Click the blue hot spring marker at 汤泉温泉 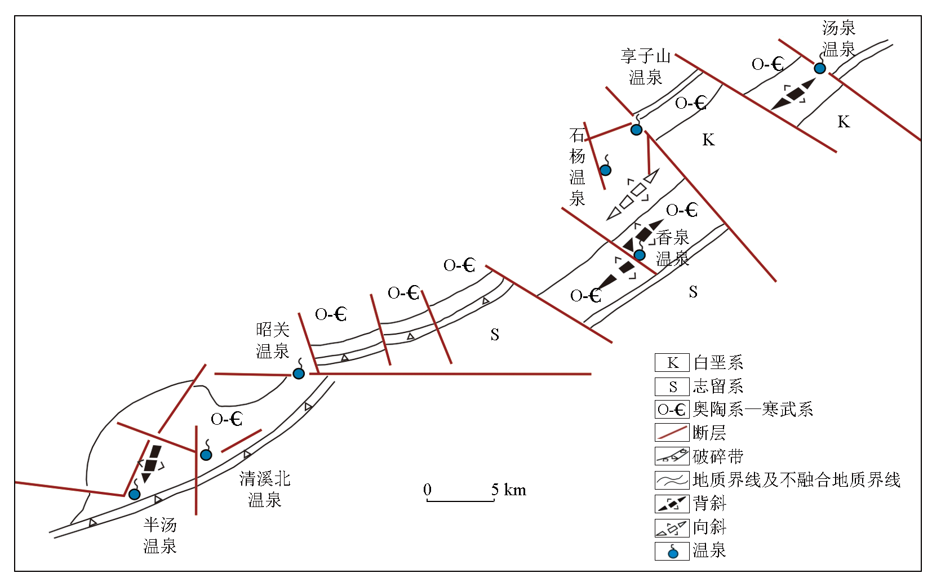click(820, 68)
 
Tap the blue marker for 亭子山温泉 click(636, 130)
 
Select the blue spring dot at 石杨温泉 click(605, 170)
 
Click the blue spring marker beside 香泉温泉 click(640, 255)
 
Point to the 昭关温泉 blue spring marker click(298, 374)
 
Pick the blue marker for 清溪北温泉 click(206, 455)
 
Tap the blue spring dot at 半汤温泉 click(134, 494)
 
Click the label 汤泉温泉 click(838, 39)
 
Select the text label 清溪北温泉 click(265, 489)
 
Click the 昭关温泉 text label click(273, 340)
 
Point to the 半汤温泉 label click(160, 535)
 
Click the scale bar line click(460, 501)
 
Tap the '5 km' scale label click(508, 490)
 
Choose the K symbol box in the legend click(672, 362)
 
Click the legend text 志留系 click(718, 386)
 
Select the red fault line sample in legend click(672, 433)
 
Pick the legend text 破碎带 click(718, 456)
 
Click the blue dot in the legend click(673, 553)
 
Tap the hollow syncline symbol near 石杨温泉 click(633, 194)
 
